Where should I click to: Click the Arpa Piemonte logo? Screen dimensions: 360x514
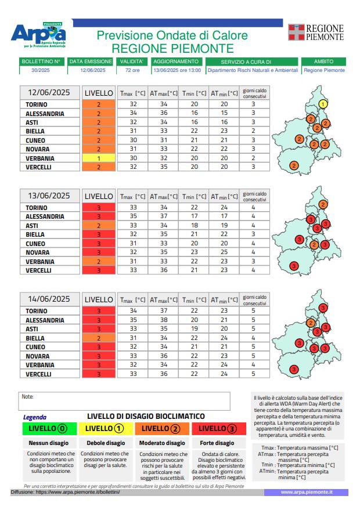(x=38, y=35)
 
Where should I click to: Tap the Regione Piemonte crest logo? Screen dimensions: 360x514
(x=296, y=32)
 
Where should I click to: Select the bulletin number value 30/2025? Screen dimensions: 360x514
(x=41, y=70)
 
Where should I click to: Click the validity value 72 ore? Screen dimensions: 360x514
(x=132, y=70)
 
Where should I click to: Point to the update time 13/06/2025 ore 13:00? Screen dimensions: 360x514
(x=177, y=70)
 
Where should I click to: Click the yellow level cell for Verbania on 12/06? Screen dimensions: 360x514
(x=99, y=158)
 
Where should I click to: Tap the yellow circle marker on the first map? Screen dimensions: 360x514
(x=323, y=104)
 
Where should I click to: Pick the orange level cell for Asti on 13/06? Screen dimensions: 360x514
(x=99, y=226)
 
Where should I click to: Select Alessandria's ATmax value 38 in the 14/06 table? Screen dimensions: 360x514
(x=164, y=320)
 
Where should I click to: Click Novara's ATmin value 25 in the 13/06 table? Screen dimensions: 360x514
(x=224, y=252)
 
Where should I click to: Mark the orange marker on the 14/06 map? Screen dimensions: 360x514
(x=311, y=323)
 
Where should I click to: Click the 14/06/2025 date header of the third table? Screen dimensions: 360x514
(x=49, y=299)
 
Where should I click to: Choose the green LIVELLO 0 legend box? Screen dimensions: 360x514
(x=49, y=429)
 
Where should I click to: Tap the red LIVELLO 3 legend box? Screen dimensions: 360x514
(x=219, y=429)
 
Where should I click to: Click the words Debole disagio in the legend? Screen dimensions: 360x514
(x=106, y=443)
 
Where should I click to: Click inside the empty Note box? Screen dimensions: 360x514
(x=124, y=401)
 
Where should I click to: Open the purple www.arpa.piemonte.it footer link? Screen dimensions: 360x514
(x=307, y=492)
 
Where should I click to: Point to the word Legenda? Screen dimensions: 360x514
(x=35, y=417)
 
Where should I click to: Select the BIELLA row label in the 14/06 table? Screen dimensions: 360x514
(x=35, y=338)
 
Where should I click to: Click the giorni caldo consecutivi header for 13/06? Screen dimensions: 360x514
(x=255, y=197)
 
